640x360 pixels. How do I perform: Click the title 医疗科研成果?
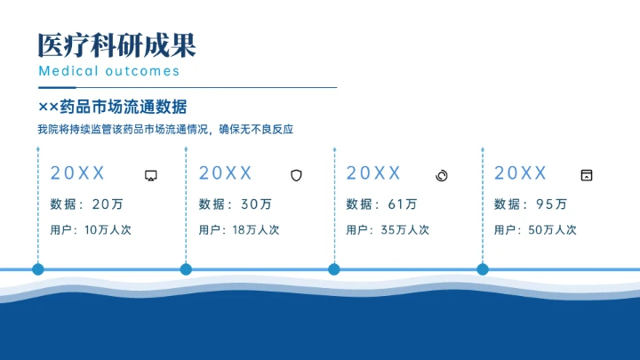(x=116, y=44)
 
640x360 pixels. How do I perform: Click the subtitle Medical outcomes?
(x=109, y=71)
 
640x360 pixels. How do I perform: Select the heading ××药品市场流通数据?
(x=113, y=108)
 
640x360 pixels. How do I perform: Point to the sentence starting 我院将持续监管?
(x=165, y=130)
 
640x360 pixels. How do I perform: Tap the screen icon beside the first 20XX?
(x=151, y=175)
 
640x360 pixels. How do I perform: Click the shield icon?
(x=297, y=175)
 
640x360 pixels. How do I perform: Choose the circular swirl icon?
(x=442, y=175)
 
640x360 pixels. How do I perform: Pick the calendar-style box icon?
(x=586, y=175)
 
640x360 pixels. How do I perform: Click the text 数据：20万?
(x=86, y=204)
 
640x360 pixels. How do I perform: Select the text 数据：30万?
(x=236, y=204)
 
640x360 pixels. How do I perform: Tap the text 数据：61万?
(x=381, y=204)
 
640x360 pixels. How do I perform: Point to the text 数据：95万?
(x=531, y=204)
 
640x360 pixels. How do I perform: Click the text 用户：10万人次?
(x=91, y=230)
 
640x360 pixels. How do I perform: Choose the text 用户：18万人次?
(x=239, y=230)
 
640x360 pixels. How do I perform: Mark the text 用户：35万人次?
(x=388, y=230)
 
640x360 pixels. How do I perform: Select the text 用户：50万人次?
(x=535, y=230)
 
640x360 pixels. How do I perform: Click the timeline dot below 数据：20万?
(x=38, y=268)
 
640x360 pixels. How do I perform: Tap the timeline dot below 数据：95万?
(x=483, y=268)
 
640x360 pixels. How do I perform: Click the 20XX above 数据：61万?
(x=374, y=173)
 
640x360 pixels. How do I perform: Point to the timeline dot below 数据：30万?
(x=186, y=268)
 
